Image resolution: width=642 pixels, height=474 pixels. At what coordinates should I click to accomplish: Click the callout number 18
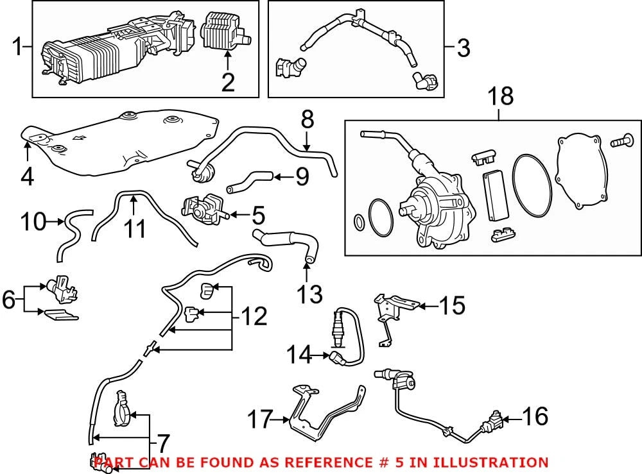coord(500,96)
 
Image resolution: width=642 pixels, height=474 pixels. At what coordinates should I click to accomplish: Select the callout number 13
coord(309,294)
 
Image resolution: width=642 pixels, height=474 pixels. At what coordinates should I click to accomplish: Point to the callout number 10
coord(33,222)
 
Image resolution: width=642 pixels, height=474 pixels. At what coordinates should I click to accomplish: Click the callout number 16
coord(535,416)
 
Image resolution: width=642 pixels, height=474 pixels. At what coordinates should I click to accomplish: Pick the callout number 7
coord(162,443)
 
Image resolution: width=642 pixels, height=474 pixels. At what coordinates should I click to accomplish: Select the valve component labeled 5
coord(203,208)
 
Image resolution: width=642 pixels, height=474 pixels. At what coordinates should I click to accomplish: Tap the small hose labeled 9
coord(249,182)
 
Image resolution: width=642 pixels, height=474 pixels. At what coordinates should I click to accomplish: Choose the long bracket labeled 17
coord(325,412)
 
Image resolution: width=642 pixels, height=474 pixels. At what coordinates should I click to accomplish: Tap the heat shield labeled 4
coord(119,143)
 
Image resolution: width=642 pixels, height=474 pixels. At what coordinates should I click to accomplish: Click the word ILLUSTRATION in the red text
coord(490,462)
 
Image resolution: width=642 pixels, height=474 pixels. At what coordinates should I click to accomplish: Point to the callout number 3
coord(464,48)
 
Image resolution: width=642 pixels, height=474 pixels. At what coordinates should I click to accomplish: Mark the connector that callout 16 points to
coord(494,421)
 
